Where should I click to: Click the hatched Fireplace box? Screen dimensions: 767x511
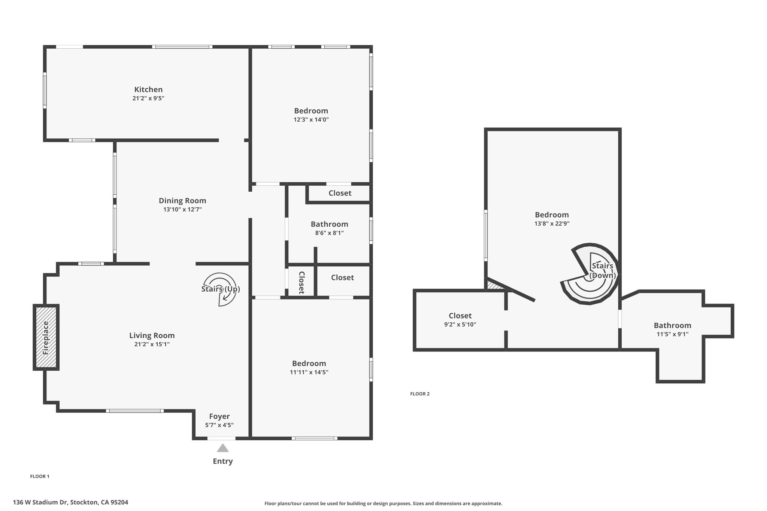tap(46, 337)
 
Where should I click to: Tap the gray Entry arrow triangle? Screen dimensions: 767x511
tap(223, 448)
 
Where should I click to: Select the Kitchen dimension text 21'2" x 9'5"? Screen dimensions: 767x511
tap(148, 98)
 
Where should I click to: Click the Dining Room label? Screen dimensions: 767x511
tap(182, 201)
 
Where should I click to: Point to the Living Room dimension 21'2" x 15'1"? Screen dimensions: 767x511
tap(152, 344)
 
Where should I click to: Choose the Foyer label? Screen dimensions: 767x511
tap(219, 416)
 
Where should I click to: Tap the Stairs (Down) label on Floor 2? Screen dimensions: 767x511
tap(603, 271)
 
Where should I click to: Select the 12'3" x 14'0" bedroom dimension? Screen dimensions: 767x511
tap(311, 120)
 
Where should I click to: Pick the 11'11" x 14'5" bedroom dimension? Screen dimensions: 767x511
tap(309, 372)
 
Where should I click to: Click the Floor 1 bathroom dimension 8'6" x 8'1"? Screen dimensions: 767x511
tap(330, 233)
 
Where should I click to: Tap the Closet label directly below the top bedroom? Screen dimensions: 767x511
tap(340, 193)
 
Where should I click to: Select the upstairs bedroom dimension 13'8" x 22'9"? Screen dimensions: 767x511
tap(552, 224)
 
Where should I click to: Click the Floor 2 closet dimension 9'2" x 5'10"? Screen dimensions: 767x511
tap(460, 325)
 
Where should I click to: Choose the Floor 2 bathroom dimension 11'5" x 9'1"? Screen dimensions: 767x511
tap(673, 334)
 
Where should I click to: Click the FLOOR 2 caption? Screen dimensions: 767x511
tap(420, 394)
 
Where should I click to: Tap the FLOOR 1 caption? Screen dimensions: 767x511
tap(40, 477)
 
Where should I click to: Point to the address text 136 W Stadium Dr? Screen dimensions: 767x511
tap(41, 502)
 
